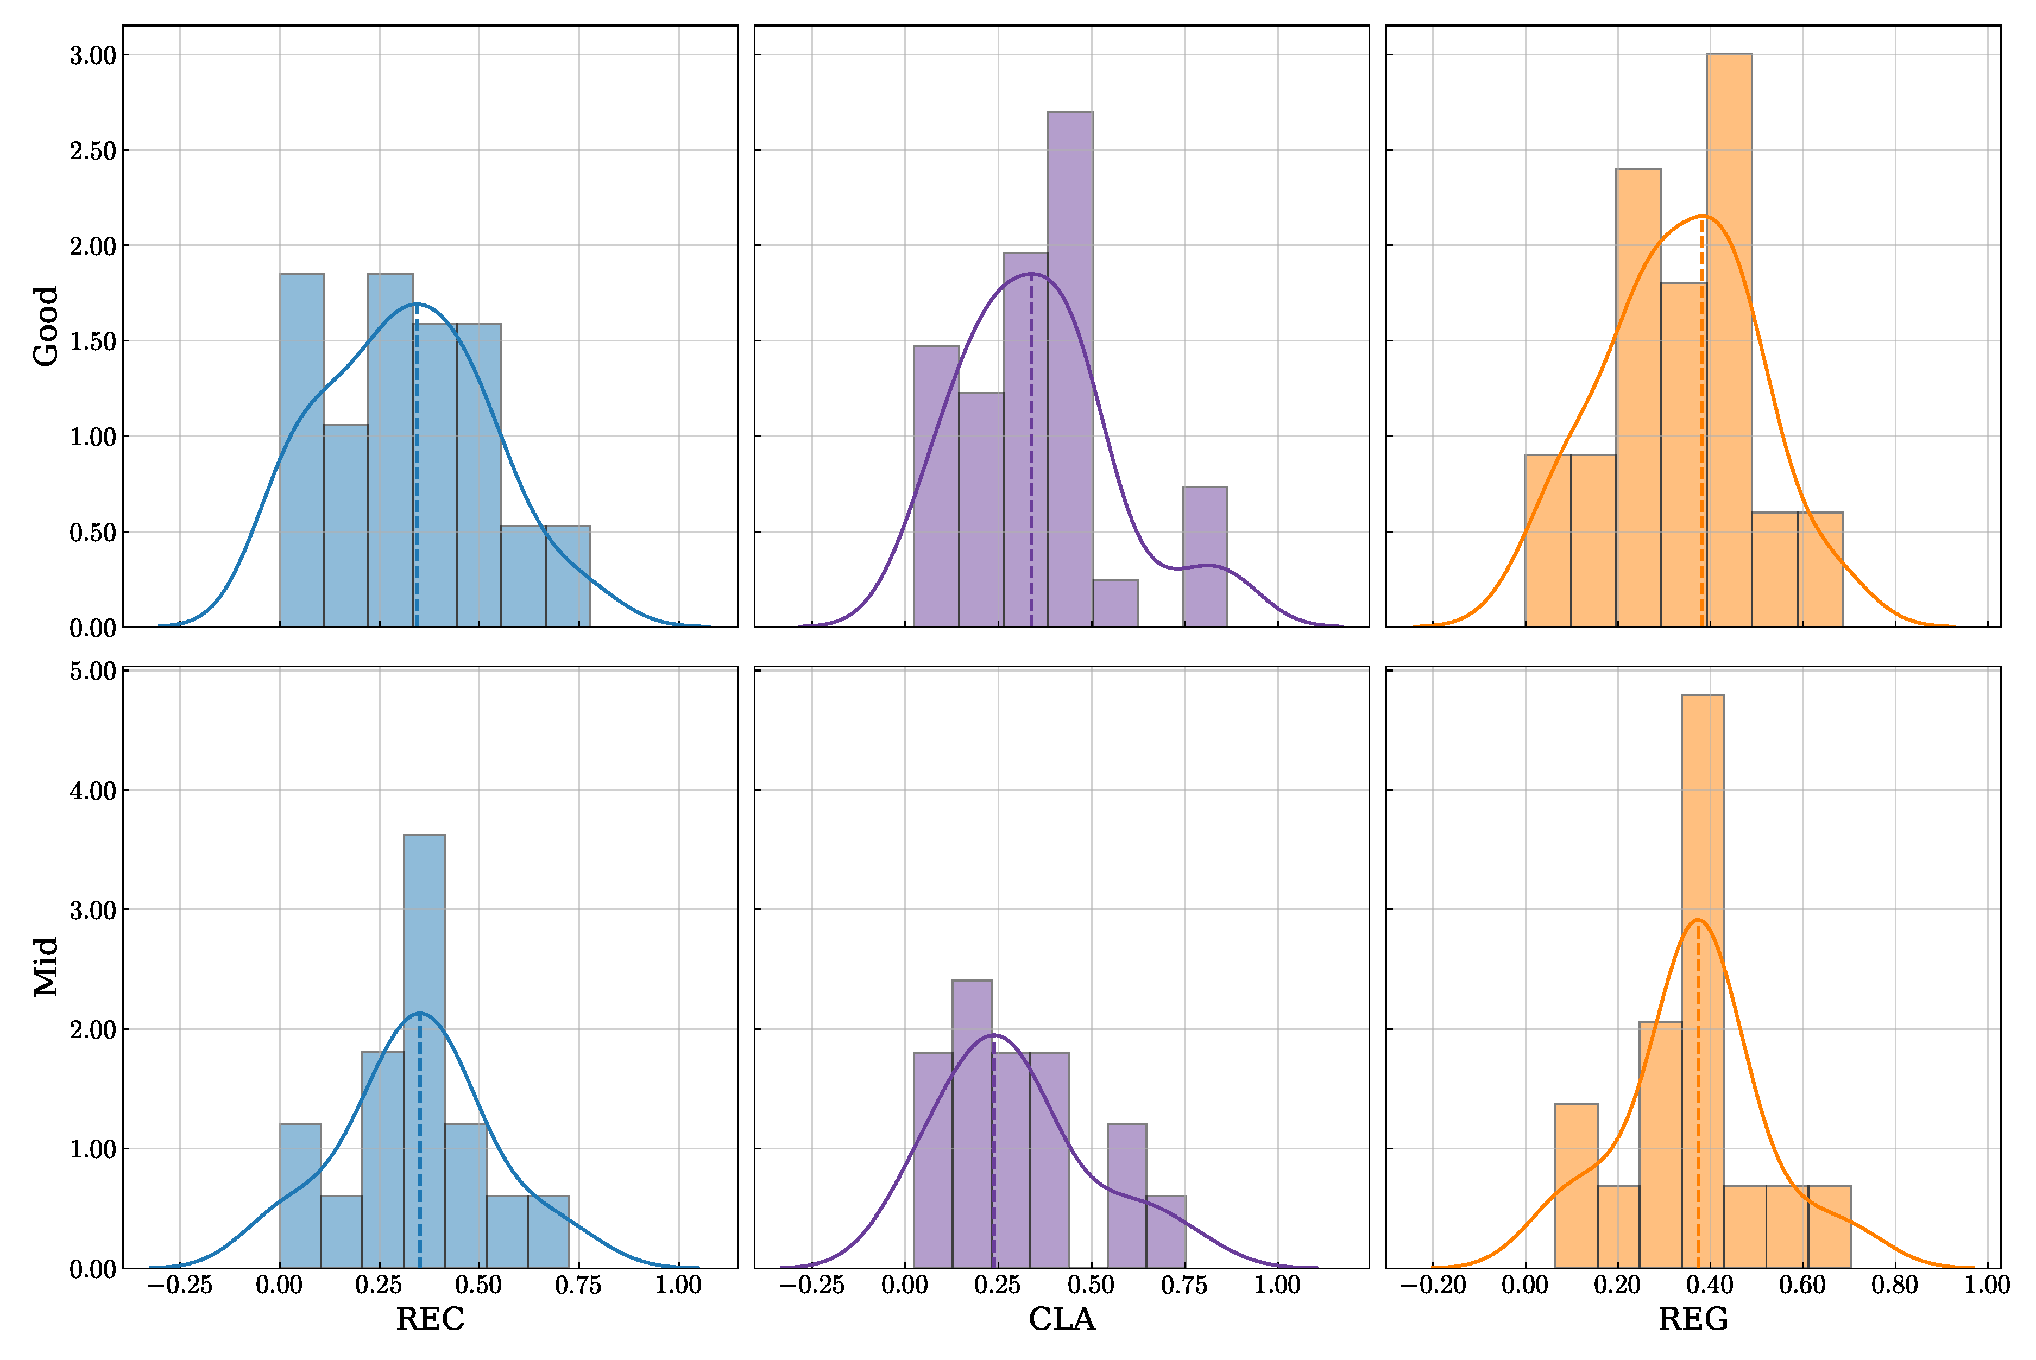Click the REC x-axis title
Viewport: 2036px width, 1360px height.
coord(430,1319)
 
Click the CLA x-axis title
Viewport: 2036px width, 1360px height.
coord(1062,1319)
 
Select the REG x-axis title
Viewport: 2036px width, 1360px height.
coord(1693,1319)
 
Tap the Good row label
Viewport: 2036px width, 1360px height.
coord(45,326)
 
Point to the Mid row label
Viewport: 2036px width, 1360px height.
coord(45,966)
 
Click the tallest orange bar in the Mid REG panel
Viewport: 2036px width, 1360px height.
coord(1702,980)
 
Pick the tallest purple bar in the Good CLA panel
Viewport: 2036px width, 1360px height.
coord(1070,369)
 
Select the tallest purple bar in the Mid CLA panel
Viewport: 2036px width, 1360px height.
coord(972,1123)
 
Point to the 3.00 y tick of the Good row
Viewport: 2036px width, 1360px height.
coord(93,55)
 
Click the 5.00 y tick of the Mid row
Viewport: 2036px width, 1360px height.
coord(93,672)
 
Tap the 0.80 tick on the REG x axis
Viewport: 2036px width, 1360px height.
coord(1895,1285)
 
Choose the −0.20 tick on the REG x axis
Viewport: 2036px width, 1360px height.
coord(1433,1285)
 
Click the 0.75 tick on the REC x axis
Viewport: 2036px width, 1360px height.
coord(578,1285)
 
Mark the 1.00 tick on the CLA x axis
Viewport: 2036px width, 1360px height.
coord(1277,1285)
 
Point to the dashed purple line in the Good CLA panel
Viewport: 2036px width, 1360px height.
coord(1031,451)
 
